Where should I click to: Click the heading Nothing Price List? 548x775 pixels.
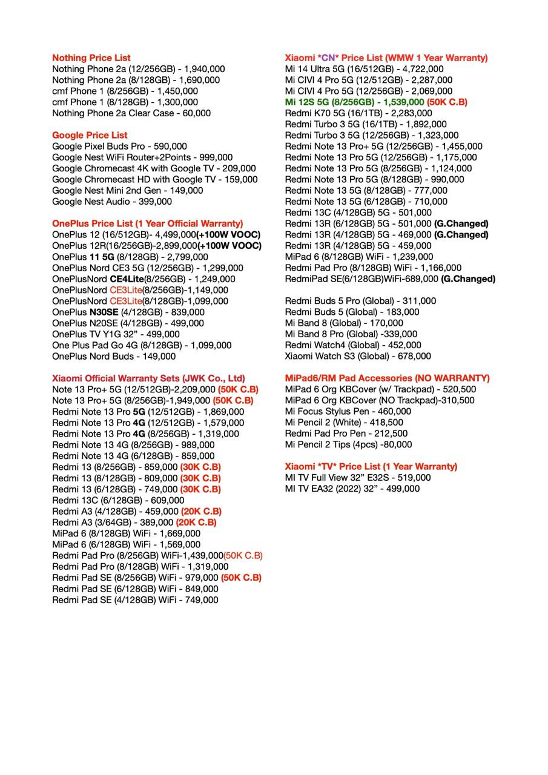pyautogui.click(x=91, y=58)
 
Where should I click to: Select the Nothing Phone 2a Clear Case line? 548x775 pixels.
pyautogui.click(x=131, y=113)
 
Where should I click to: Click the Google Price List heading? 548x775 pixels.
pyautogui.click(x=90, y=135)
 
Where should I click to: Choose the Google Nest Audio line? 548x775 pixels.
pyautogui.click(x=112, y=202)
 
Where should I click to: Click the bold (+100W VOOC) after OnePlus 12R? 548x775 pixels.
pyautogui.click(x=230, y=246)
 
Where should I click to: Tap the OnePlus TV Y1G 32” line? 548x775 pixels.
pyautogui.click(x=116, y=334)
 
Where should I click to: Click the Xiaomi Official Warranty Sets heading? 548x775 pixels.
pyautogui.click(x=148, y=378)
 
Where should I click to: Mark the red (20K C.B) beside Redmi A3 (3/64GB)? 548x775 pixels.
pyautogui.click(x=196, y=522)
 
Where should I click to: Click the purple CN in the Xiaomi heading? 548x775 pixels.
pyautogui.click(x=328, y=58)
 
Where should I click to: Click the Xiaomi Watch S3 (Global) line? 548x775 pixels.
pyautogui.click(x=358, y=356)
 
